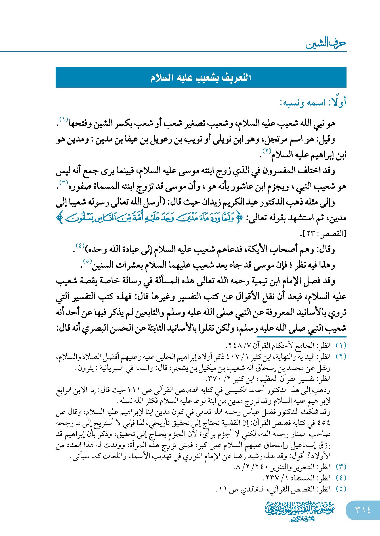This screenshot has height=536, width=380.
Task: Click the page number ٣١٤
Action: click(x=363, y=510)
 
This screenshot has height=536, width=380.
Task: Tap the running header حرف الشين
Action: click(x=326, y=44)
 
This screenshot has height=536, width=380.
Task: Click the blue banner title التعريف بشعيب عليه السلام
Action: click(x=201, y=77)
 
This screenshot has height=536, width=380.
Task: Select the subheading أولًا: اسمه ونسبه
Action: click(x=313, y=102)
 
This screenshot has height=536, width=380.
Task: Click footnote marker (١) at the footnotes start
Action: click(x=341, y=346)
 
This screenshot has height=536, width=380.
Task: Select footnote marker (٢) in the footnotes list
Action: click(x=341, y=357)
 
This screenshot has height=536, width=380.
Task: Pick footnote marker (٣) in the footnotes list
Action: click(x=341, y=467)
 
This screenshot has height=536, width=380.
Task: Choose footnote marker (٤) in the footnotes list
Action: click(x=341, y=478)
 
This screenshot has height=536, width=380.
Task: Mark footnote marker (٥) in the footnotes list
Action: click(x=341, y=489)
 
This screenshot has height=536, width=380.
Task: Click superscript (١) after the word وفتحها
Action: click(x=64, y=119)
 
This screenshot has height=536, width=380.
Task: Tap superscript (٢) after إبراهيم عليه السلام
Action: click(x=266, y=151)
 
